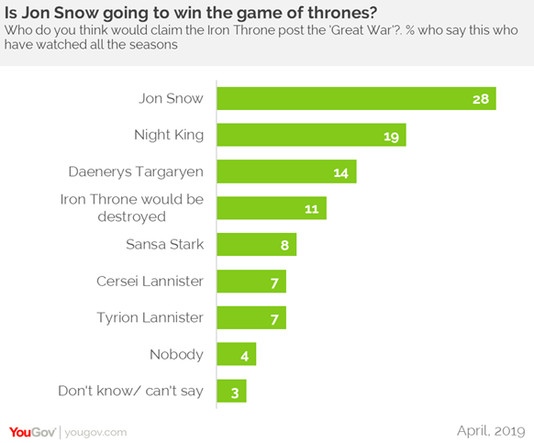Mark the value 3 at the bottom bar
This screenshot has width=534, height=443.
(x=234, y=392)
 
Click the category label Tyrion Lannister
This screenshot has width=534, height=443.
(x=150, y=317)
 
